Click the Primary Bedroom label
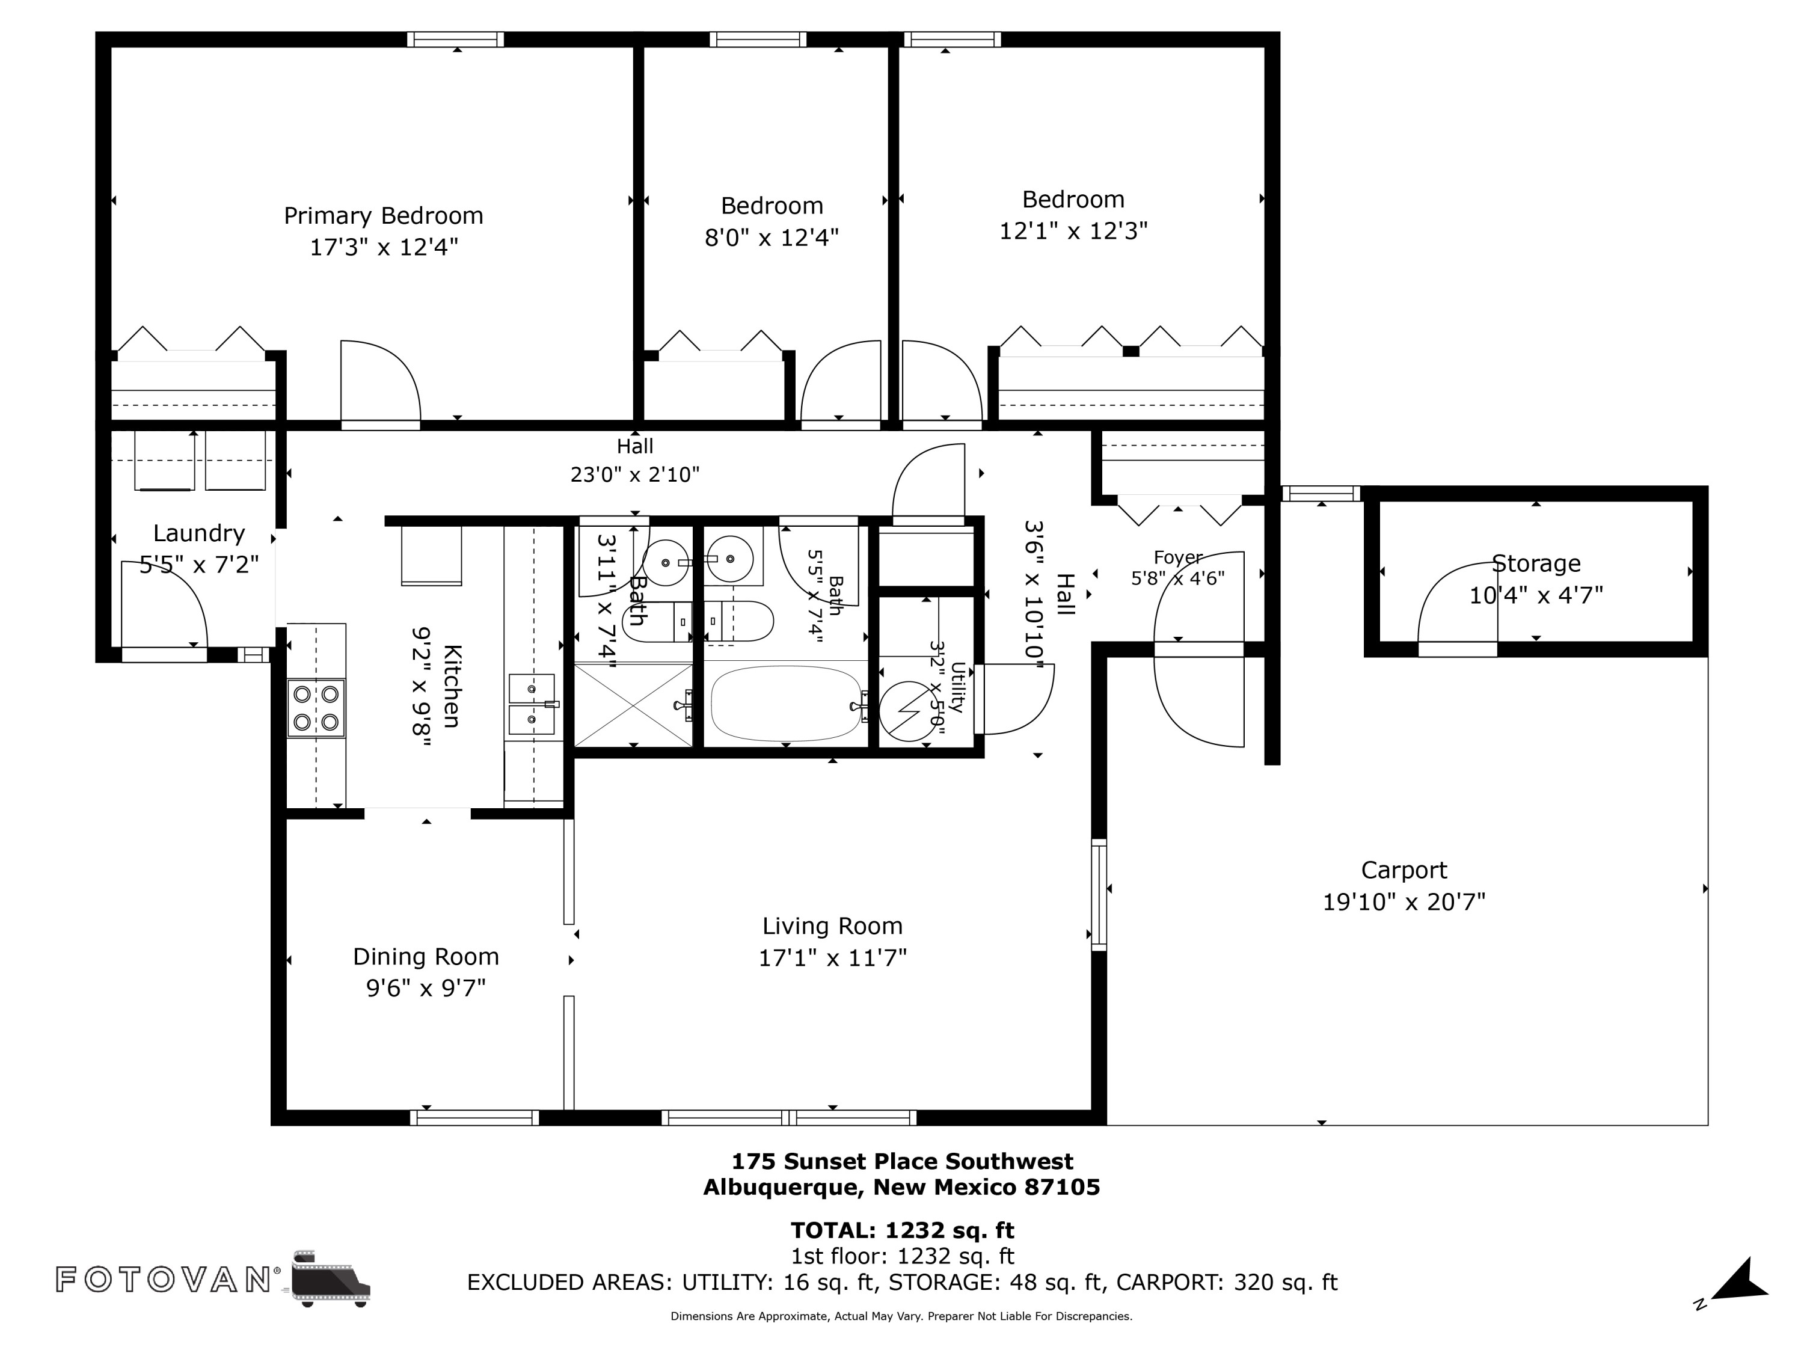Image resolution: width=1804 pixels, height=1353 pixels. point(383,216)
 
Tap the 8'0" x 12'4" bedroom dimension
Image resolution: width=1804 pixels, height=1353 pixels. point(772,238)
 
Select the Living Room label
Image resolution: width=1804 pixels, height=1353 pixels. point(833,927)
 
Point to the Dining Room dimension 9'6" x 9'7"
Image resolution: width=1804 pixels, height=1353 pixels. point(426,987)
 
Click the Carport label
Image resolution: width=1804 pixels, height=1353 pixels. point(1404,871)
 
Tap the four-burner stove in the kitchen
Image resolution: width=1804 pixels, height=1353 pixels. point(316,708)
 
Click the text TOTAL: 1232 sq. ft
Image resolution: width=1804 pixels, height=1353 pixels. point(902,1230)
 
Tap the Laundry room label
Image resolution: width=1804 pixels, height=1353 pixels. point(199,533)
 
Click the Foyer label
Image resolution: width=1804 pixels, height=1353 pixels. point(1177,558)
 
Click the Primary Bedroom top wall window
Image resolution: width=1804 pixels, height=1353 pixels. point(455,39)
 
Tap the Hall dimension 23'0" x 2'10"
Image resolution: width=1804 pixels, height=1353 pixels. point(634,474)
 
